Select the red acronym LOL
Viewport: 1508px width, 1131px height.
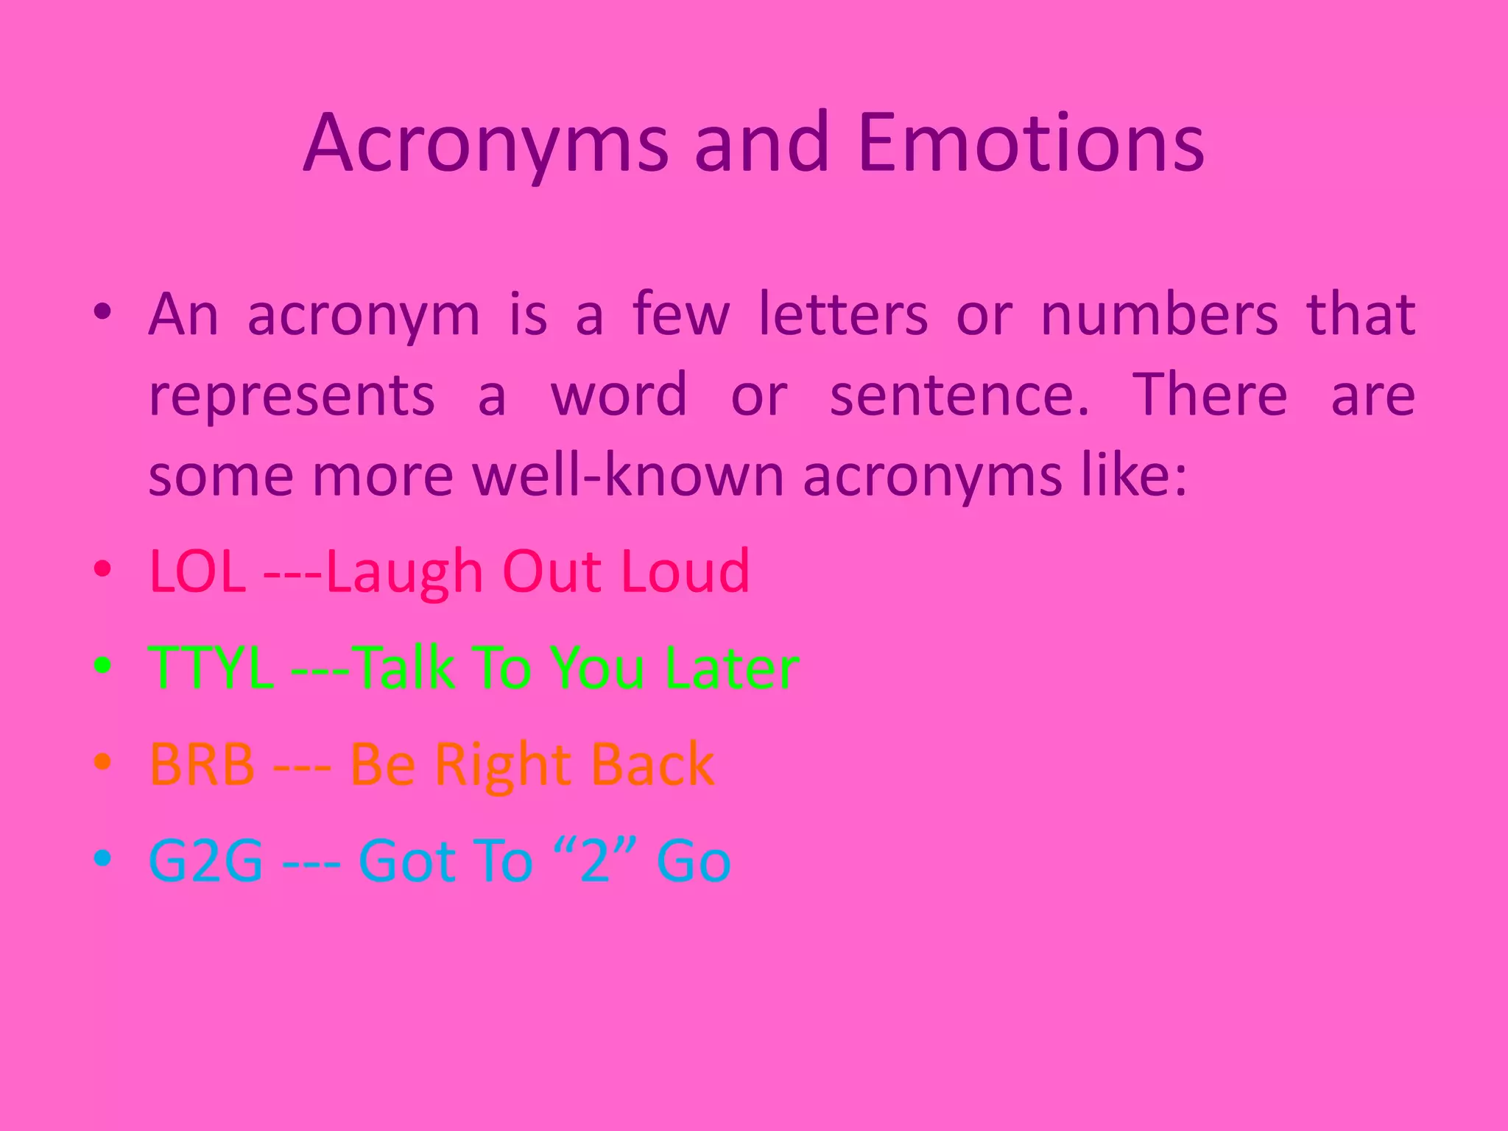pos(197,571)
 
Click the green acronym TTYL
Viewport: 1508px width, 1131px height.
pos(211,668)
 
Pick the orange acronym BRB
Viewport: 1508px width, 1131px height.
pos(202,764)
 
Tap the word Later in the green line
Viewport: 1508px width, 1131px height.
pos(732,668)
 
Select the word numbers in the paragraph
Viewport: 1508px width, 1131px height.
pos(1159,315)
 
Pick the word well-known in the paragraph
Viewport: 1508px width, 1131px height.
pos(630,476)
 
